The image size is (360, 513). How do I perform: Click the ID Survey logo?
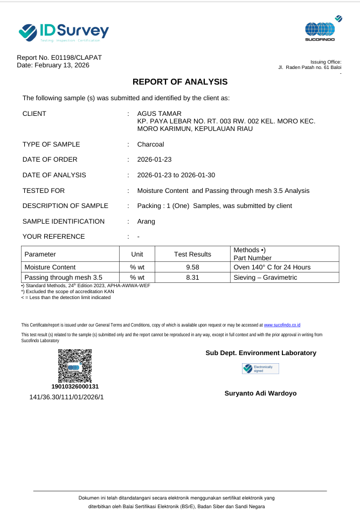64,32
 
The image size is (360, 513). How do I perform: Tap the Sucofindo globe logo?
320,29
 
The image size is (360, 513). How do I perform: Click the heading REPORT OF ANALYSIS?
180,82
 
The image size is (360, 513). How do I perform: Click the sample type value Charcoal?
150,144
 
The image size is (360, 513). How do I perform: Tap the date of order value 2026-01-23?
155,160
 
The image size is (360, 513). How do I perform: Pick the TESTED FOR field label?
44,191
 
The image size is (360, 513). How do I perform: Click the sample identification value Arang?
146,221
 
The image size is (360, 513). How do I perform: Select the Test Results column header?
192,254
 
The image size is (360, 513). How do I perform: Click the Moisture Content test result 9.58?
192,267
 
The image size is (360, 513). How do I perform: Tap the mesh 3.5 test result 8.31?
192,278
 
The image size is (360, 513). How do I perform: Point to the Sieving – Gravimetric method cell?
265,278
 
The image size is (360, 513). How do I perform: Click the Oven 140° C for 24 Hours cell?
272,267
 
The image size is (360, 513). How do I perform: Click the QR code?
75,366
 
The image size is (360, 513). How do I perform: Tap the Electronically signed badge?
260,369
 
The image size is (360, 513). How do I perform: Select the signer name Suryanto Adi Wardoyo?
260,393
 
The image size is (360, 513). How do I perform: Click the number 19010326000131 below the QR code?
75,386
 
